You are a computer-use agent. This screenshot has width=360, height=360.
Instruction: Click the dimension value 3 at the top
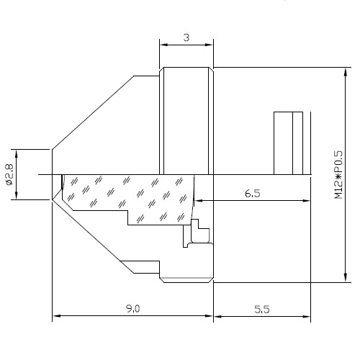click(186, 37)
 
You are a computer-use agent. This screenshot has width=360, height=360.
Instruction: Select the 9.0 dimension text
click(133, 309)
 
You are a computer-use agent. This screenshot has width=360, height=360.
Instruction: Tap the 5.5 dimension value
click(262, 309)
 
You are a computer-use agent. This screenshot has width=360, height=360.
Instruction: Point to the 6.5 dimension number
click(253, 193)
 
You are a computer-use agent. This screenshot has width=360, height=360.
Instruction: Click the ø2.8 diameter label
click(9, 174)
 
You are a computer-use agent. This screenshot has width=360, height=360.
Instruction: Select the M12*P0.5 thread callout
click(338, 174)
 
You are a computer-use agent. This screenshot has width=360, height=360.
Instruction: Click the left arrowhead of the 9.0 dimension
click(56, 316)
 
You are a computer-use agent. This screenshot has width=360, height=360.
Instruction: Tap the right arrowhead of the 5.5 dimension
click(307, 316)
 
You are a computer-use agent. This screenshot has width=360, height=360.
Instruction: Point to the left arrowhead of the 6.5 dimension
click(198, 200)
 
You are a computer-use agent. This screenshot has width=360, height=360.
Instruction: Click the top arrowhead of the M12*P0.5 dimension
click(346, 71)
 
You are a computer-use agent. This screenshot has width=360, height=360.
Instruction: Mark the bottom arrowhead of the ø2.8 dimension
click(17, 195)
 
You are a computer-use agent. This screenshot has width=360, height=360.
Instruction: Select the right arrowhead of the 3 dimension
click(210, 45)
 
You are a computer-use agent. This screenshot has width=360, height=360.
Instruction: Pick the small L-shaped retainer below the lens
click(200, 232)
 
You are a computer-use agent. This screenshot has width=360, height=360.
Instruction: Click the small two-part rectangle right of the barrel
click(288, 143)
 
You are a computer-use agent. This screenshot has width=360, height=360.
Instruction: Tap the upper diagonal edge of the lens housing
click(93, 112)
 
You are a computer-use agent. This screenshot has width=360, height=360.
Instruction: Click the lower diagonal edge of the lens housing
click(93, 236)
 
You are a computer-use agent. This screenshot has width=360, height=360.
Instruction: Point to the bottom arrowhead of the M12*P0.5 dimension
click(346, 278)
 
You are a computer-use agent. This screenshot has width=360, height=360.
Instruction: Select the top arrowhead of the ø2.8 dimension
click(17, 153)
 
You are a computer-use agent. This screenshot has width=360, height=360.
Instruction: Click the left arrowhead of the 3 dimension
click(163, 45)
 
